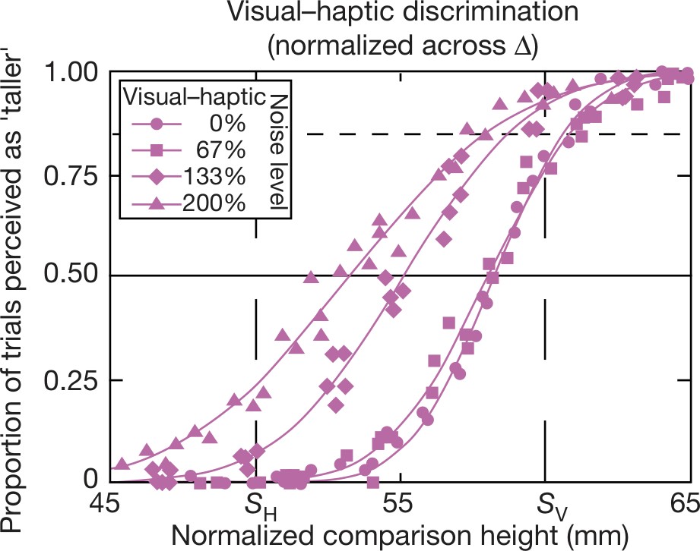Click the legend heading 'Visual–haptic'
[194, 96]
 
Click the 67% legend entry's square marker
[156, 151]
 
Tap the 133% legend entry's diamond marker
[156, 178]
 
